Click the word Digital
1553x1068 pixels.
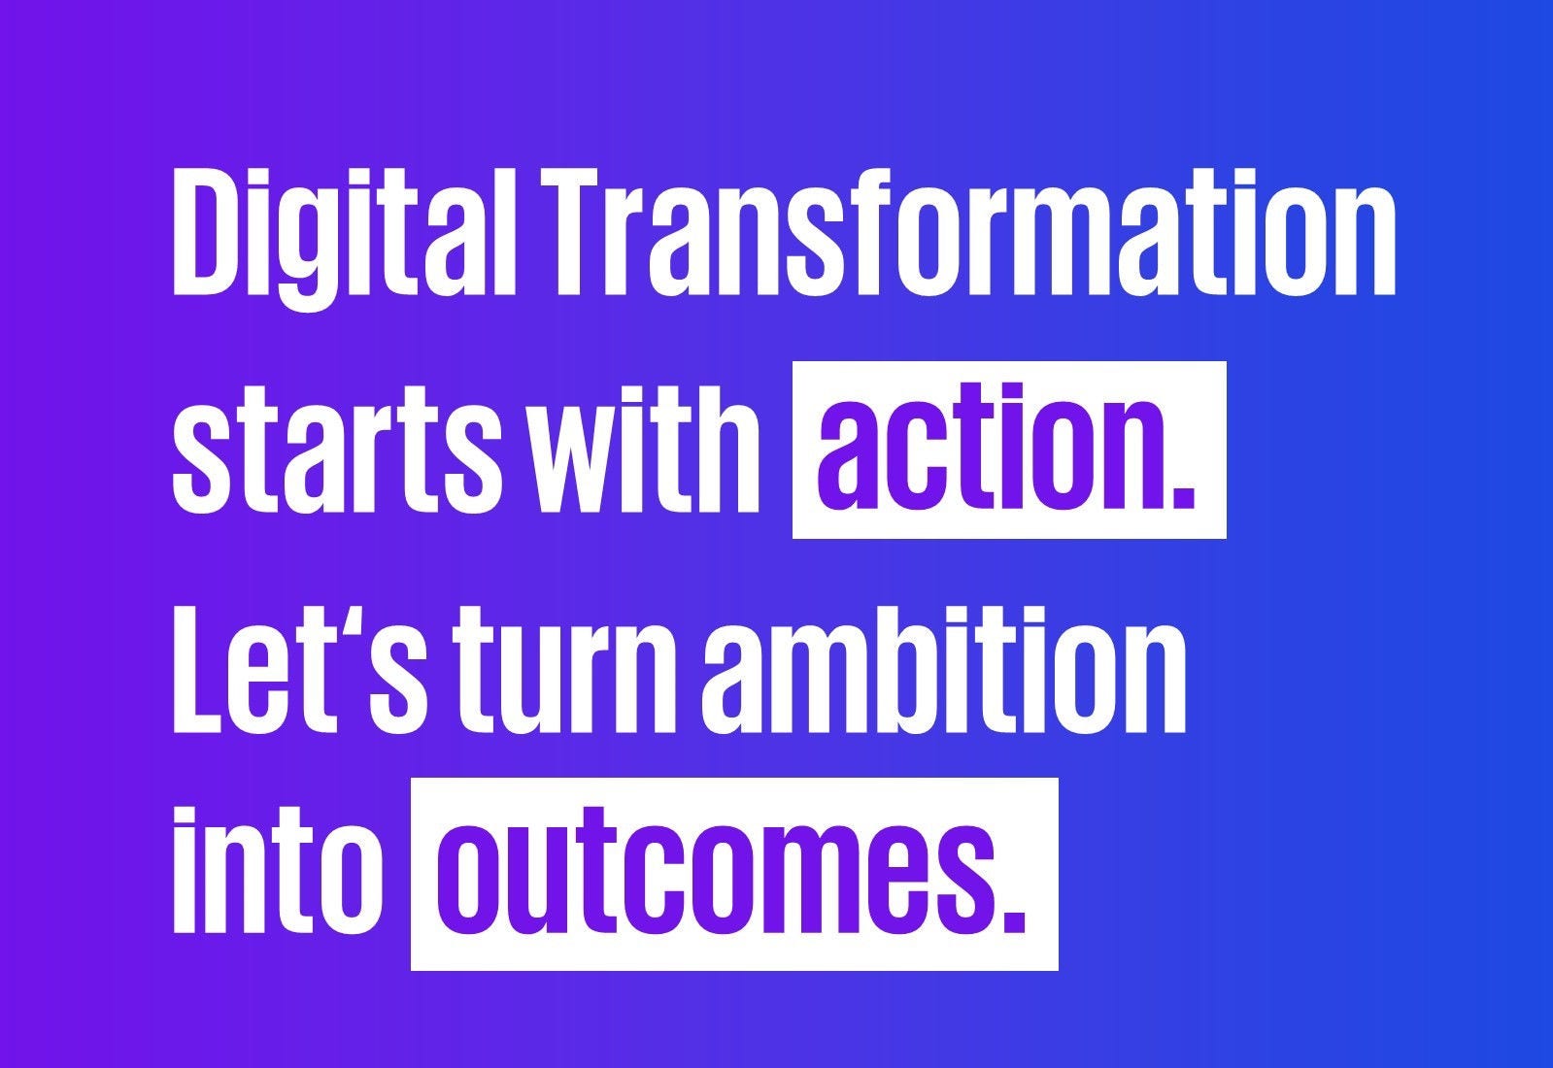(344, 238)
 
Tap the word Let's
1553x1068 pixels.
(299, 670)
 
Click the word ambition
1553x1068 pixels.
(944, 670)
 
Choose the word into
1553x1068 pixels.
(278, 873)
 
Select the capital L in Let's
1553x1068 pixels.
(201, 670)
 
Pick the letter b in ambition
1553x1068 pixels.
(957, 670)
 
